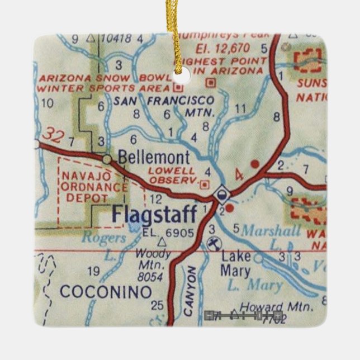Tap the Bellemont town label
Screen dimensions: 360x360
pyautogui.click(x=154, y=157)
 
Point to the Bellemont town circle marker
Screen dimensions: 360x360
pyautogui.click(x=107, y=159)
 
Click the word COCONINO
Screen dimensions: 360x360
pyautogui.click(x=106, y=292)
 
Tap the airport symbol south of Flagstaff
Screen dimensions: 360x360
pyautogui.click(x=212, y=243)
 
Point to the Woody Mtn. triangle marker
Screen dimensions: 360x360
pyautogui.click(x=162, y=243)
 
